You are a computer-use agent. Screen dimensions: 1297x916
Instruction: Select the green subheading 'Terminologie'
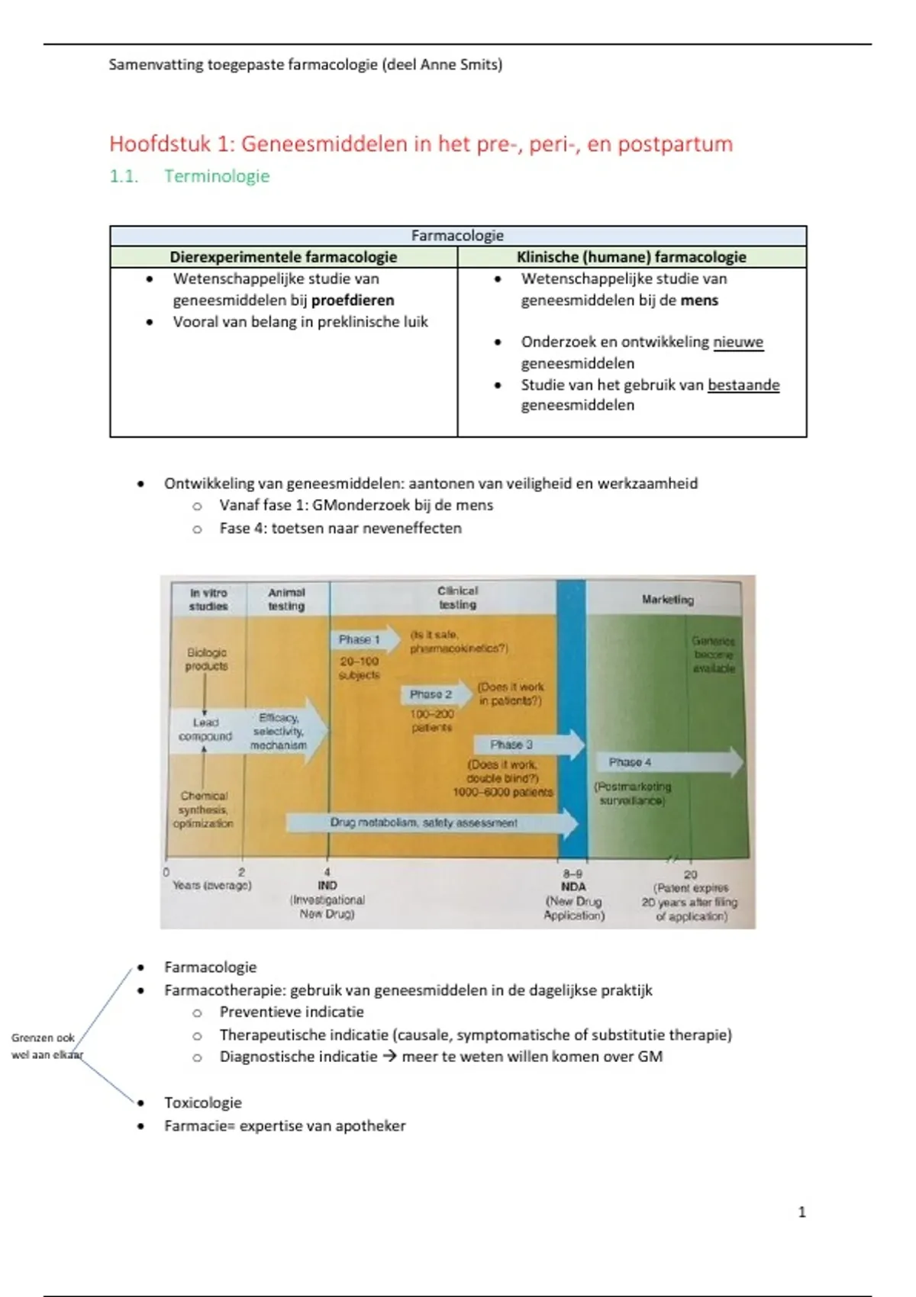[217, 176]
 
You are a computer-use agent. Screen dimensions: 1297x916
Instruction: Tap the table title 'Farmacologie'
[457, 236]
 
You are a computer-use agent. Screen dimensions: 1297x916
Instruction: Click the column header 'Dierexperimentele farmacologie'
[283, 257]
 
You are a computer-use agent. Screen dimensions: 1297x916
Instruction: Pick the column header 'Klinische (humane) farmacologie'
[631, 257]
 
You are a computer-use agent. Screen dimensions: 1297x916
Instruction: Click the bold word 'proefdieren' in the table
[353, 300]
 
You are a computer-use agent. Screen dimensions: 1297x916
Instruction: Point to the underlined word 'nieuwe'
[738, 342]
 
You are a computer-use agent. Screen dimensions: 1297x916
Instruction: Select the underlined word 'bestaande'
[743, 385]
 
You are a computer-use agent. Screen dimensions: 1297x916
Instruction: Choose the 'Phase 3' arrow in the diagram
[527, 745]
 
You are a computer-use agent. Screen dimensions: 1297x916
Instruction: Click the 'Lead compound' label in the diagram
[205, 729]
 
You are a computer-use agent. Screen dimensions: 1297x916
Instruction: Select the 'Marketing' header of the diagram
[667, 600]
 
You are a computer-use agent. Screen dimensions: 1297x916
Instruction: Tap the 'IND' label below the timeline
[327, 886]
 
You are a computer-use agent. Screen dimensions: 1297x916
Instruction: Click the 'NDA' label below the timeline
[573, 887]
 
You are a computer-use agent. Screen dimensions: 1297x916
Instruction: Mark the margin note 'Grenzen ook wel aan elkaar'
[44, 1046]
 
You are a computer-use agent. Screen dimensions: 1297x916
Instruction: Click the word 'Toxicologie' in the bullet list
[203, 1102]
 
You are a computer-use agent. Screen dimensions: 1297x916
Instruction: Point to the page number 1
[801, 1212]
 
